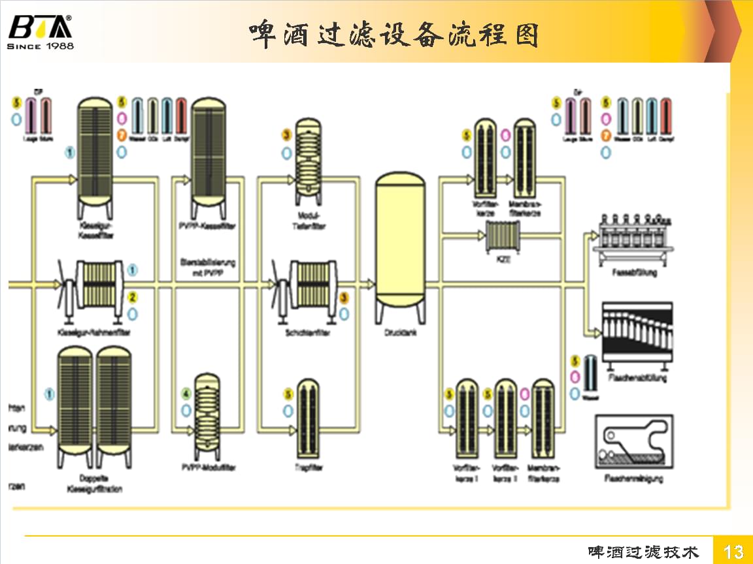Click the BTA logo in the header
pos(41,31)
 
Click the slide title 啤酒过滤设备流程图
pos(394,34)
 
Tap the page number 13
pos(734,552)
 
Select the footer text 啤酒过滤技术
pos(643,552)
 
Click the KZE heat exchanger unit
pos(502,236)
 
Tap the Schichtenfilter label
pos(308,333)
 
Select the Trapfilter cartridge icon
pos(308,417)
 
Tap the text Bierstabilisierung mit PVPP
pos(208,267)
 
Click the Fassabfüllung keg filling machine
pos(631,238)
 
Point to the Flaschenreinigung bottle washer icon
pos(634,441)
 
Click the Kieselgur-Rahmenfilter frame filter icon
pos(97,285)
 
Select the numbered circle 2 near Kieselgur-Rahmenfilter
pos(133,297)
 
